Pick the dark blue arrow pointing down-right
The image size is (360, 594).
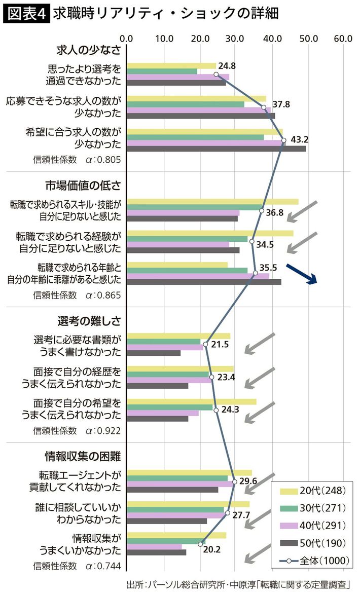(302, 274)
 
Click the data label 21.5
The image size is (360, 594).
(220, 344)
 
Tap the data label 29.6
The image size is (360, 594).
(248, 481)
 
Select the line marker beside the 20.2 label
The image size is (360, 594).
(200, 544)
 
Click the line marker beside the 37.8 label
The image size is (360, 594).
(264, 107)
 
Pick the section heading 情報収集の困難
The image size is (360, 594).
(89, 456)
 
